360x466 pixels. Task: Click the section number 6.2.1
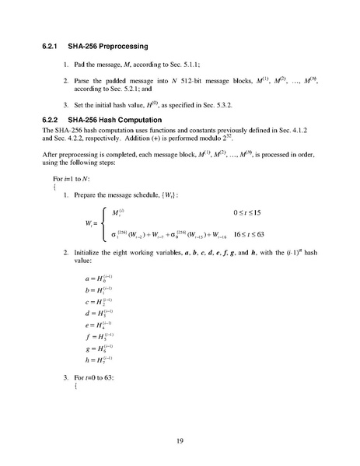click(54, 47)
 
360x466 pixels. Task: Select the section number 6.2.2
click(54, 119)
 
